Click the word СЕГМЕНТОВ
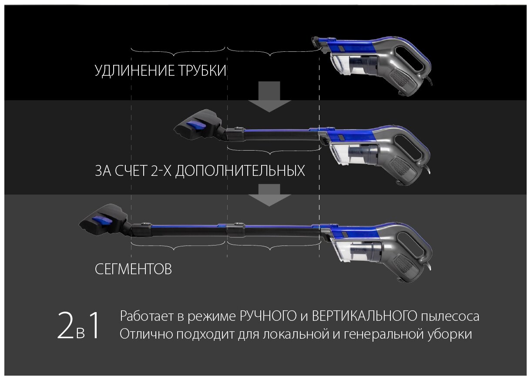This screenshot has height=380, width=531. point(133,269)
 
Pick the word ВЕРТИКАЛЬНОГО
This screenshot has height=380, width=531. point(365,316)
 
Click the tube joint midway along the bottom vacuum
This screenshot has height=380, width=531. point(235,229)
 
